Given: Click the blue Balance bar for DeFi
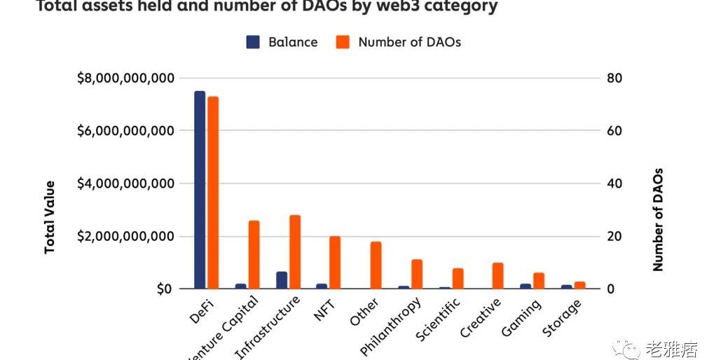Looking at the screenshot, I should pyautogui.click(x=200, y=190).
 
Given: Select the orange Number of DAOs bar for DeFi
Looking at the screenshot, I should pyautogui.click(x=213, y=193).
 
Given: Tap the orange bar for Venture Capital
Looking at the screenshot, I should pyautogui.click(x=254, y=255).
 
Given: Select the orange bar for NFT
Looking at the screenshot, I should pyautogui.click(x=335, y=263).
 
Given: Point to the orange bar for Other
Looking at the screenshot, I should pyautogui.click(x=376, y=265).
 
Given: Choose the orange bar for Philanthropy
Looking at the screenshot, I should pyautogui.click(x=417, y=274).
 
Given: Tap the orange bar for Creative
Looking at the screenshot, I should pyautogui.click(x=498, y=276).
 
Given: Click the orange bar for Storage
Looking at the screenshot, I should pyautogui.click(x=579, y=285).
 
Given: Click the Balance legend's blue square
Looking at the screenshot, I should pyautogui.click(x=253, y=42).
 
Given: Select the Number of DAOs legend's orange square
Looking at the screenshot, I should pyautogui.click(x=342, y=42).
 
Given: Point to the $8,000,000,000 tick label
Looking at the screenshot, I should pyautogui.click(x=125, y=78).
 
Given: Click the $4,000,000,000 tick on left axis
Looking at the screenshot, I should pyautogui.click(x=125, y=184).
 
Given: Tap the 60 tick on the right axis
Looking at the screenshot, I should pyautogui.click(x=614, y=131).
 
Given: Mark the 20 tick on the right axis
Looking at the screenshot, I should pyautogui.click(x=614, y=237).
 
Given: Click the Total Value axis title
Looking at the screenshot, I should pyautogui.click(x=50, y=217).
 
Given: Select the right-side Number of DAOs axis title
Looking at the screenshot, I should pyautogui.click(x=658, y=219).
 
